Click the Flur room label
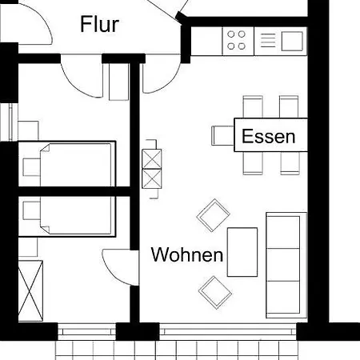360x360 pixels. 100,25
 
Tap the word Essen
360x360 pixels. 268,136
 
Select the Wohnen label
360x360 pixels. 187,256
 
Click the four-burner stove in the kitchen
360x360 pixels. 237,39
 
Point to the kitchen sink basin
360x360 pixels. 292,39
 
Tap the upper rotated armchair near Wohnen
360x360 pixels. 214,214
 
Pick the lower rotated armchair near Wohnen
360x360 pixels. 215,291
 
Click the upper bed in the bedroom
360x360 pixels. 67,164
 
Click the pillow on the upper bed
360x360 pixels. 34,165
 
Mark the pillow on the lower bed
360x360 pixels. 34,212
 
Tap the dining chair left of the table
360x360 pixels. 222,135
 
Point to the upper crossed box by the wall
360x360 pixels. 151,158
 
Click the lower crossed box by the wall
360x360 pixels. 151,178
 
